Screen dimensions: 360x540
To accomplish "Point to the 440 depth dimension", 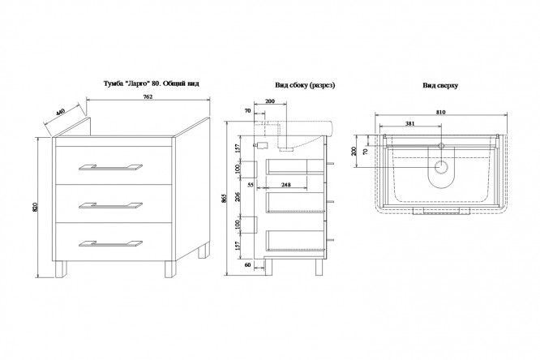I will coord(60,115).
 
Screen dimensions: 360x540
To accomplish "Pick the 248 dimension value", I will coord(287,186).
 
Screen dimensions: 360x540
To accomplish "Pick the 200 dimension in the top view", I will coord(354,152).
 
